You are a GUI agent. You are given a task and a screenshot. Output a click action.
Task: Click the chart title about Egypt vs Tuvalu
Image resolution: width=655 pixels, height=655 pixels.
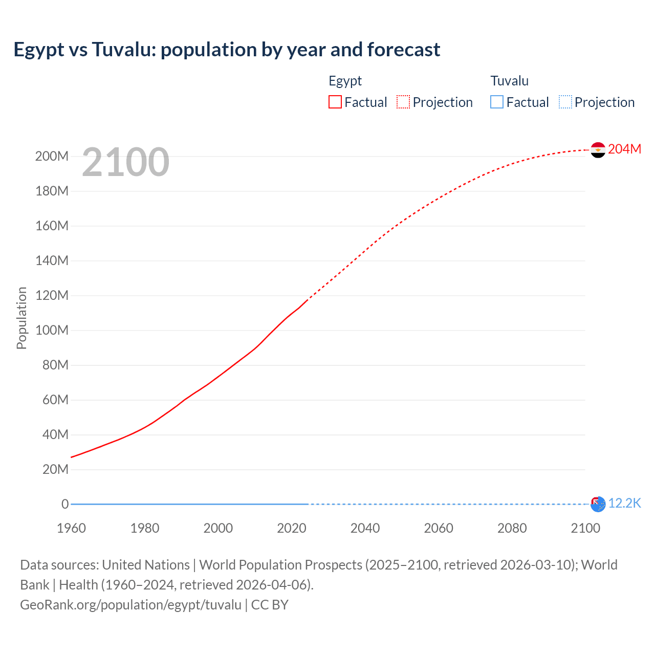227,50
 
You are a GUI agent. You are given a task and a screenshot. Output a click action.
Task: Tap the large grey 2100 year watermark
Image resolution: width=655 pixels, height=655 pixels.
125,162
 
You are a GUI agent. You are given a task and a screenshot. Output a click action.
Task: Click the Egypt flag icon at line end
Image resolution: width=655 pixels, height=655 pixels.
598,150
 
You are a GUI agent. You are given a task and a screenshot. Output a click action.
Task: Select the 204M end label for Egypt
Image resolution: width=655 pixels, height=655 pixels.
624,149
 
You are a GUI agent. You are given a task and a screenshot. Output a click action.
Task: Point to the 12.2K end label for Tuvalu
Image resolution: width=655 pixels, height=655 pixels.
624,504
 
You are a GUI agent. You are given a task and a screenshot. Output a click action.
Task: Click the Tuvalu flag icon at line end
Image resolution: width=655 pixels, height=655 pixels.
598,504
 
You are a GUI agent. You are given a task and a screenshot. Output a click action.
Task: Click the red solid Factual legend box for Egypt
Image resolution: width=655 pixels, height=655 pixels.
335,102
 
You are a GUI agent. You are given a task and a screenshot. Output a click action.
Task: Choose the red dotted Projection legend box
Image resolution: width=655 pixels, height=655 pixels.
403,102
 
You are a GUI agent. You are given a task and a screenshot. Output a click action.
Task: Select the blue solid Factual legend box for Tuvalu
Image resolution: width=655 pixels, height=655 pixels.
497,102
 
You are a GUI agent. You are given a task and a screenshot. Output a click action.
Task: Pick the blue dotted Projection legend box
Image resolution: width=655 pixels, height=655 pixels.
565,102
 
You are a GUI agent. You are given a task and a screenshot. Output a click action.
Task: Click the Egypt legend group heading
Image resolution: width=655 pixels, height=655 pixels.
345,81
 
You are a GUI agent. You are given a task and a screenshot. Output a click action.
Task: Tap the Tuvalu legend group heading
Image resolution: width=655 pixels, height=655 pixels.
509,81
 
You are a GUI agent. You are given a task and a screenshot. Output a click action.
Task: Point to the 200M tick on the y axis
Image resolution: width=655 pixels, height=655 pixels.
52,157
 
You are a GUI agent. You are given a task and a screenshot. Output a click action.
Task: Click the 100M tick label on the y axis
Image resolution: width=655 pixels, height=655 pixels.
52,331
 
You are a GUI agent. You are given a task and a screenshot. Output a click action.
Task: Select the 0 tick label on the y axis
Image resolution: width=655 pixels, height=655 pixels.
65,505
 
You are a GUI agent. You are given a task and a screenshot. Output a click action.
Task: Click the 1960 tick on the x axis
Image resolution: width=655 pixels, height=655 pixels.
71,528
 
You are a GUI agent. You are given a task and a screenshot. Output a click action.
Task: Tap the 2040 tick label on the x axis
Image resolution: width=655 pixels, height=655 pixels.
365,528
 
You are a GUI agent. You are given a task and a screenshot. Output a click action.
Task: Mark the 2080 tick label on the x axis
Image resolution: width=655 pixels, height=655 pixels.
512,528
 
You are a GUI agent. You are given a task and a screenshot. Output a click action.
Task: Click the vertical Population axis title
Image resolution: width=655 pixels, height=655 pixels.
21,318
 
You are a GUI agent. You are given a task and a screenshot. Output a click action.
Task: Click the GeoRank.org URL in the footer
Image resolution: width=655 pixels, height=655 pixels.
130,605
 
